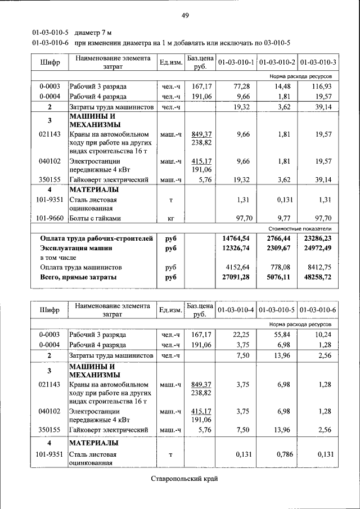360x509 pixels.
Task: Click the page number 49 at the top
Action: pyautogui.click(x=184, y=15)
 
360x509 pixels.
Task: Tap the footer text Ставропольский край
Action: pyautogui.click(x=184, y=479)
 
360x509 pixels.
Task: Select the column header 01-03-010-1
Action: pyautogui.click(x=236, y=61)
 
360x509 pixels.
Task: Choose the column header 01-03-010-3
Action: pyautogui.click(x=318, y=61)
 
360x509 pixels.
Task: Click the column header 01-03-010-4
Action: pyautogui.click(x=236, y=310)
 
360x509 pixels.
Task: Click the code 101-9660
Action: pyautogui.click(x=49, y=218)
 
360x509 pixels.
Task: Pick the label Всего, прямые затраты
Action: pyautogui.click(x=78, y=277)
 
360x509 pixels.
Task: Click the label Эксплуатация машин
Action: pyautogui.click(x=76, y=247)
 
